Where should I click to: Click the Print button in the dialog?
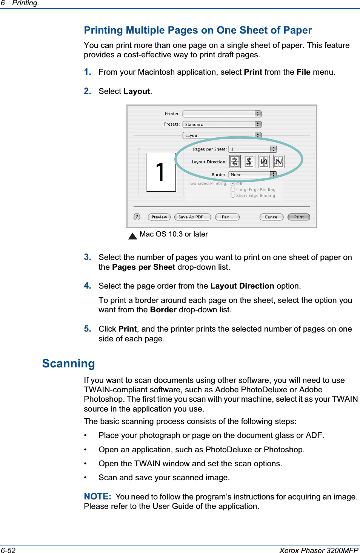pyautogui.click(x=298, y=217)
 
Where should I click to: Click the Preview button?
pyautogui.click(x=159, y=217)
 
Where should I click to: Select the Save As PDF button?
pyautogui.click(x=192, y=217)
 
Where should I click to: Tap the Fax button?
pyautogui.click(x=227, y=217)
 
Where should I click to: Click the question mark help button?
pyautogui.click(x=137, y=217)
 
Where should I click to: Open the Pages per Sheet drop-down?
pyautogui.click(x=252, y=149)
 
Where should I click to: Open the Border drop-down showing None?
pyautogui.click(x=252, y=175)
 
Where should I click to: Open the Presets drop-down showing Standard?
pyautogui.click(x=222, y=124)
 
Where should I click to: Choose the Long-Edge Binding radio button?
pyautogui.click(x=233, y=189)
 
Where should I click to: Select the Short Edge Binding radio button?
pyautogui.click(x=233, y=195)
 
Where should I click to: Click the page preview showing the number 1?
pyautogui.click(x=161, y=172)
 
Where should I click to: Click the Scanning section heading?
pyautogui.click(x=68, y=363)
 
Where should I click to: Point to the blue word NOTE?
pyautogui.click(x=97, y=496)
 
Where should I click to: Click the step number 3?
pyautogui.click(x=88, y=257)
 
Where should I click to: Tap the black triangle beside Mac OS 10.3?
pyautogui.click(x=132, y=237)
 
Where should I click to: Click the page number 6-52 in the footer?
pyautogui.click(x=8, y=550)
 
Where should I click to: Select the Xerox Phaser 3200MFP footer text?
pyautogui.click(x=318, y=550)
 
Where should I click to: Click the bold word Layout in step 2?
pyautogui.click(x=137, y=91)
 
